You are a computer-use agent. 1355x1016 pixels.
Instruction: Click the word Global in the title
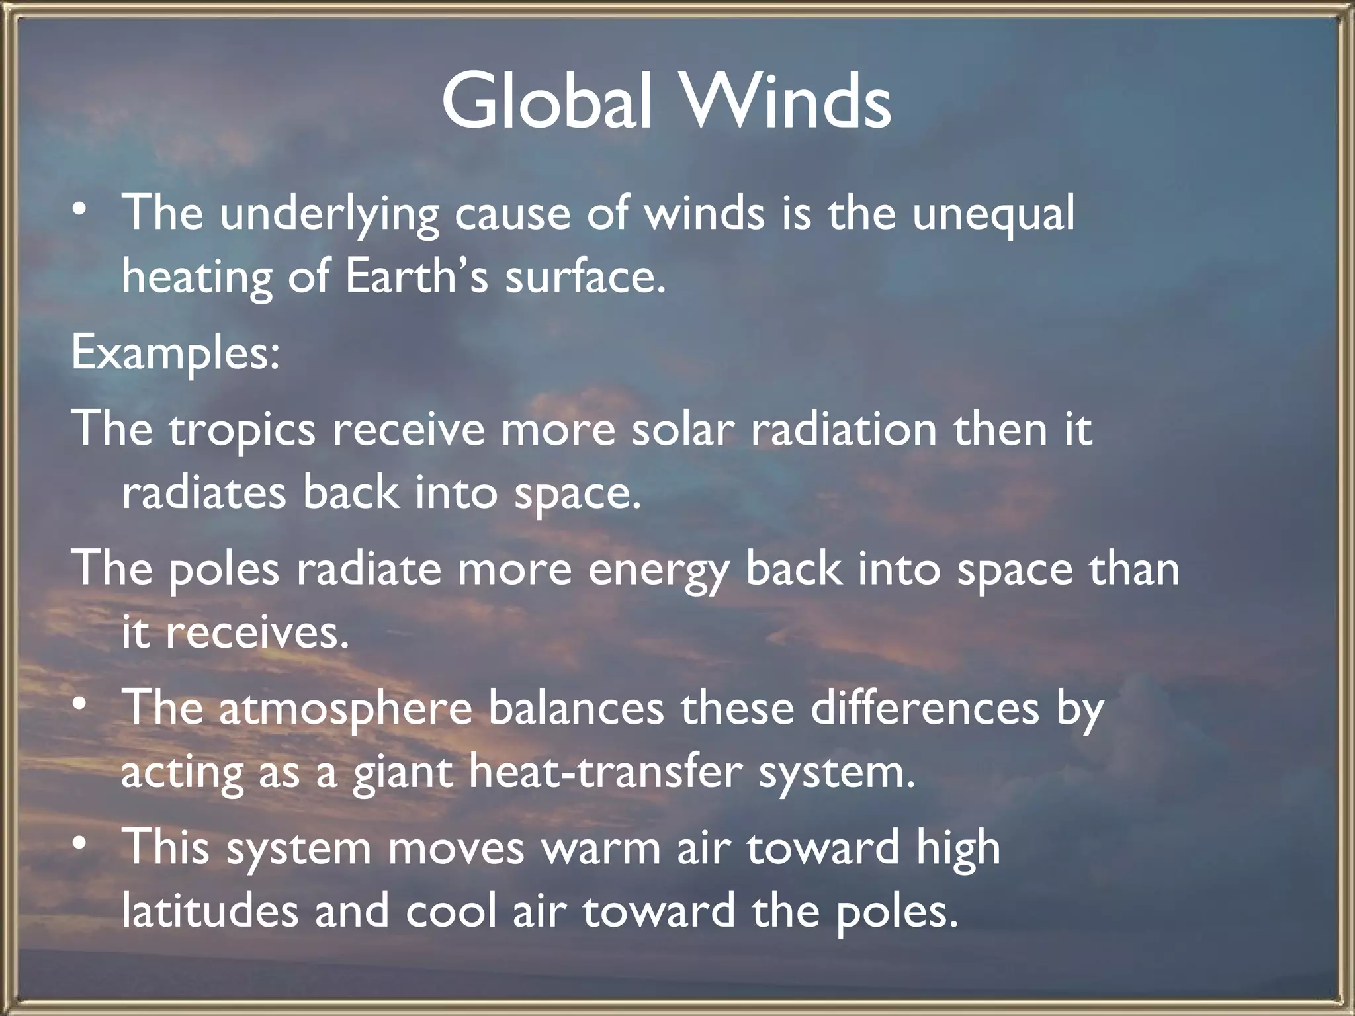click(x=548, y=101)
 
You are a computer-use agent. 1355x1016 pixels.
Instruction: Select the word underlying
click(x=329, y=215)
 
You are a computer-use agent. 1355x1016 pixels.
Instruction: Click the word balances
click(x=576, y=708)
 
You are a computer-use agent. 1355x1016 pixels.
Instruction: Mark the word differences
click(x=925, y=708)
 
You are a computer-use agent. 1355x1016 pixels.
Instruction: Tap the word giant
click(x=402, y=773)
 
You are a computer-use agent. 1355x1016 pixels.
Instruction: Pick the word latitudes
click(x=210, y=911)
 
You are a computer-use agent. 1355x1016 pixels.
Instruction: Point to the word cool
click(x=451, y=911)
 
